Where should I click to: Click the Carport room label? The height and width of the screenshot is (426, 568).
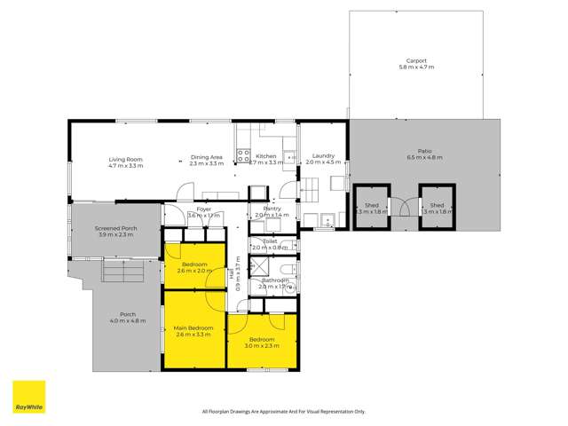pos(417,61)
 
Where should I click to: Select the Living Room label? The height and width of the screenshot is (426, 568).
pos(125,158)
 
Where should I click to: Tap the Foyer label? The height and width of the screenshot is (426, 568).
pos(203,209)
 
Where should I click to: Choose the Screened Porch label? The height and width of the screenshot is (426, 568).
pos(115,228)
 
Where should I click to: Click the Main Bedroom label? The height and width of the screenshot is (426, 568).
pos(194,328)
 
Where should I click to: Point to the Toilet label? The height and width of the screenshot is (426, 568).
pos(271,241)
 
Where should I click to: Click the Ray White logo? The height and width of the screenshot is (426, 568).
pos(28,397)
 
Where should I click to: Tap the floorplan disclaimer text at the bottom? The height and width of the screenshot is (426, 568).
pos(283,412)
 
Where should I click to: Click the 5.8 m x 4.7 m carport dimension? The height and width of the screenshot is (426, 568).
pos(417,67)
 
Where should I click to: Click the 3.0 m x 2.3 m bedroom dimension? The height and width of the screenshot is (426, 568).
pos(262,345)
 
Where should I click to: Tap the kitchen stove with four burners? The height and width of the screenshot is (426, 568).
pos(242,156)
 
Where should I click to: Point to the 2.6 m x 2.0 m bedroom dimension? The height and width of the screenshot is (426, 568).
pos(194,271)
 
